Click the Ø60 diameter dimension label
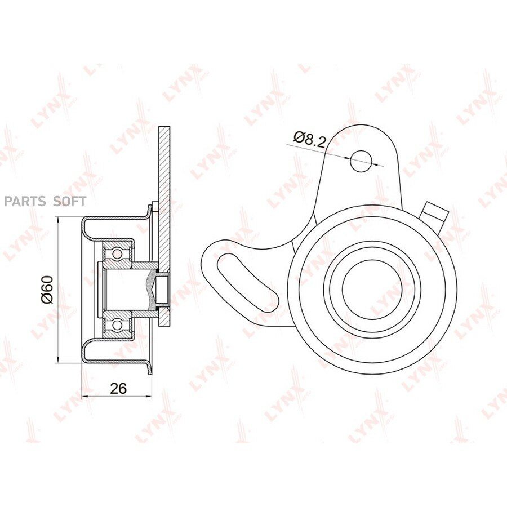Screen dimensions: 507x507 47,290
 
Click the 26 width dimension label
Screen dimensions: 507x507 118,389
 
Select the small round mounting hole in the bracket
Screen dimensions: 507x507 361,161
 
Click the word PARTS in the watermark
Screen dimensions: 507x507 25,202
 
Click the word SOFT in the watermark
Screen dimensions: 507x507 69,202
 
